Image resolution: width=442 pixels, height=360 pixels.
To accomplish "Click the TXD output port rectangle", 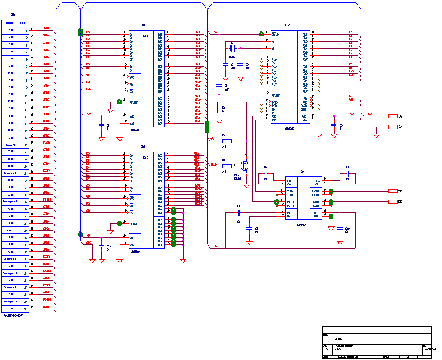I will tap(393, 191).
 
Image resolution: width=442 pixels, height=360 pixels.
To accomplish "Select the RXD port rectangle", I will tap(393, 201).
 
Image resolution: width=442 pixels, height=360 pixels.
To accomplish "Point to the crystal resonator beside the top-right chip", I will tap(232, 47).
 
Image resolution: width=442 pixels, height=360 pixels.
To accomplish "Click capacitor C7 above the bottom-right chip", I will tap(347, 174).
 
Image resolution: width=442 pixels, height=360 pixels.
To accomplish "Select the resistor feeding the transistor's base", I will tap(226, 166).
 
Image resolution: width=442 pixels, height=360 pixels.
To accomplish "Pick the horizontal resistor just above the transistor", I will tap(226, 140).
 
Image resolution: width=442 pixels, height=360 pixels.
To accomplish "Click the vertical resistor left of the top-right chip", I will tap(219, 107).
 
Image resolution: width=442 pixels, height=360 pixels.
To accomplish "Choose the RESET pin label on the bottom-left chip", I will tap(134, 224).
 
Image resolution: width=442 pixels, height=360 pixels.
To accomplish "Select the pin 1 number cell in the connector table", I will tap(24, 29).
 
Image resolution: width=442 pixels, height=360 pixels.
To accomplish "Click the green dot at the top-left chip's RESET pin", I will tap(119, 101).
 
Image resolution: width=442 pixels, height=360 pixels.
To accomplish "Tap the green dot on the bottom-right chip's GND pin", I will tap(331, 217).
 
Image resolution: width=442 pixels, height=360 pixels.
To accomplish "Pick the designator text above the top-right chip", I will tap(287, 25).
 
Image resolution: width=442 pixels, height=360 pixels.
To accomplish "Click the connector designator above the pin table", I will tap(14, 15).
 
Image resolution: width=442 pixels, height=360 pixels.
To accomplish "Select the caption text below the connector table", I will tap(13, 315).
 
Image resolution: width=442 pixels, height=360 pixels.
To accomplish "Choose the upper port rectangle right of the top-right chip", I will tap(393, 116).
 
